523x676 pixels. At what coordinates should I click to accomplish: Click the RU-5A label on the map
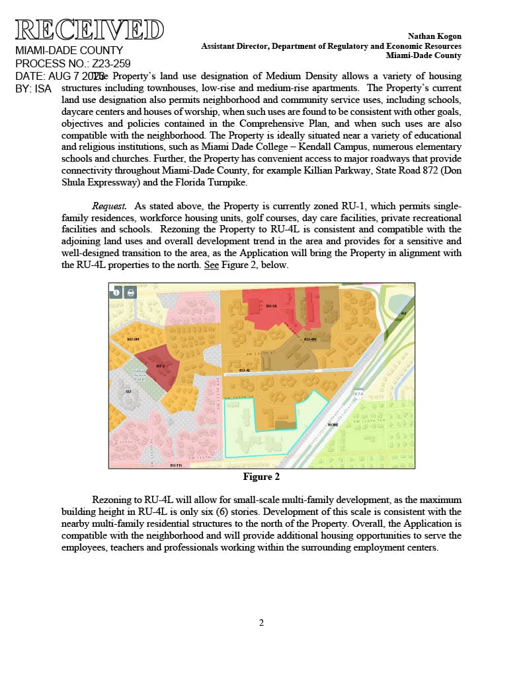click(x=271, y=306)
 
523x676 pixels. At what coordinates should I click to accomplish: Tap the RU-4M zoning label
click(x=310, y=339)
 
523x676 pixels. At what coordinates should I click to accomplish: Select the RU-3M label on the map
click(x=134, y=339)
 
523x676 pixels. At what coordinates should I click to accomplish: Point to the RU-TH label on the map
click(x=175, y=465)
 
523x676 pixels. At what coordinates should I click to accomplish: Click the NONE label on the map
click(x=333, y=424)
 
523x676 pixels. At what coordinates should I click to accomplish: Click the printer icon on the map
click(x=130, y=292)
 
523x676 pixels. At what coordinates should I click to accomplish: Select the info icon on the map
click(x=116, y=292)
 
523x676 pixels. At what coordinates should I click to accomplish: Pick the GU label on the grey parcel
click(x=128, y=391)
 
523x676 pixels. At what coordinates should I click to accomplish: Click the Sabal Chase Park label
click(x=139, y=375)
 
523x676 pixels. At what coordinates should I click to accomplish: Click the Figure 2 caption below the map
click(x=261, y=476)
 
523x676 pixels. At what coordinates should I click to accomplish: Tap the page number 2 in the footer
click(x=261, y=623)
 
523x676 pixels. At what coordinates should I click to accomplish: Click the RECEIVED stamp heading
click(x=89, y=30)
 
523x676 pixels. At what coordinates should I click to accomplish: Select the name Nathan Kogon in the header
click(x=434, y=36)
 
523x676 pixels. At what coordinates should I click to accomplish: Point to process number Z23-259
click(x=110, y=63)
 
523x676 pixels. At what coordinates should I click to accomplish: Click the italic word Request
click(x=109, y=206)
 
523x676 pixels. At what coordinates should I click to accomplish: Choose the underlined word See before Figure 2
click(x=212, y=265)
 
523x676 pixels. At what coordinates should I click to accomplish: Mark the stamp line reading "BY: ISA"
click(x=33, y=88)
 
